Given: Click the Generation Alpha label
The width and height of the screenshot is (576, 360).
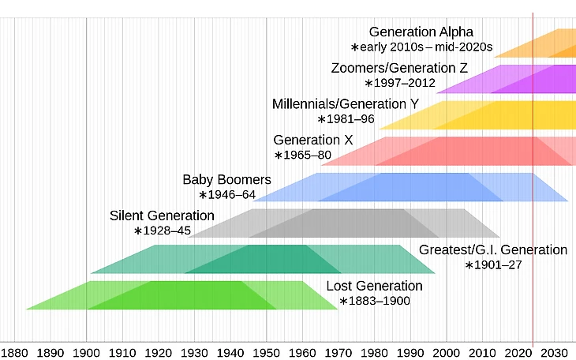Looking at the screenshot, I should (421, 32).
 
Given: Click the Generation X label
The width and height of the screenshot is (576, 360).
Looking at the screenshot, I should (313, 141).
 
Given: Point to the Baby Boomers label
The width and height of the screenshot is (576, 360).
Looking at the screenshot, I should (226, 179).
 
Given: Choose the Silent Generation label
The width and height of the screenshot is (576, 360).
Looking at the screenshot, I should (162, 216).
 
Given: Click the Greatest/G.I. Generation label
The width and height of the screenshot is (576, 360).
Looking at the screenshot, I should (492, 249).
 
